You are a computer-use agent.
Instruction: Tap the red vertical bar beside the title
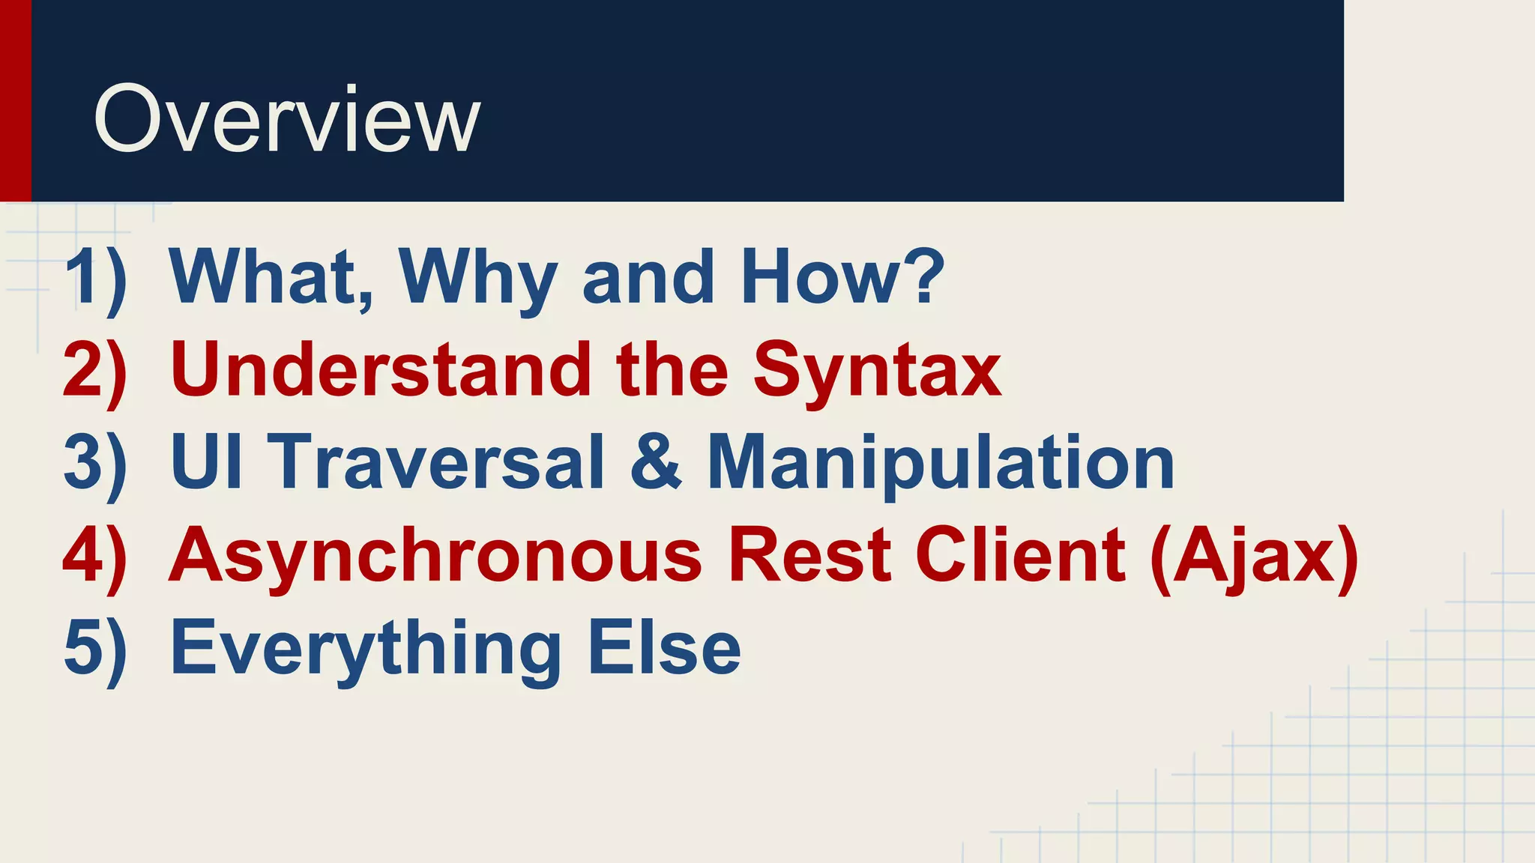point(15,100)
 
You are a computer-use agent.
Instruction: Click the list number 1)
point(95,279)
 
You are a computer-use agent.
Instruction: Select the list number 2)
point(95,371)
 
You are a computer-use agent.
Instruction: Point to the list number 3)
point(95,463)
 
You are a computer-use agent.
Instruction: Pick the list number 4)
point(95,556)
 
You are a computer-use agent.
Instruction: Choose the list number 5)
point(95,648)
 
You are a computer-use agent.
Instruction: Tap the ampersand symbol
point(656,462)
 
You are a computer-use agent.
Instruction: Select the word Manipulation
point(941,464)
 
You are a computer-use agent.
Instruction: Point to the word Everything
point(366,649)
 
